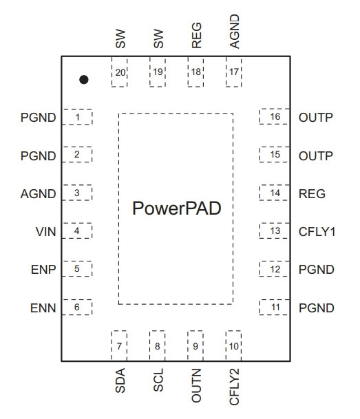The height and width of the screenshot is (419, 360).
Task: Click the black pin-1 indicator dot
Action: click(84, 80)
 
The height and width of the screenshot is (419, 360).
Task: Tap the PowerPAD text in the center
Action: click(177, 208)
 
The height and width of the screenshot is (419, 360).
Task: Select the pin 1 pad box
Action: click(77, 117)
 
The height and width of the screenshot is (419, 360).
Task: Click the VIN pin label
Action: click(45, 232)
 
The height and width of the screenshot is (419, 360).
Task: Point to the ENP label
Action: click(43, 270)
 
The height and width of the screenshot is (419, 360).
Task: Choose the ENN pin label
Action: click(43, 308)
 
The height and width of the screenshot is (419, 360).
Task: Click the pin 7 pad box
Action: click(119, 346)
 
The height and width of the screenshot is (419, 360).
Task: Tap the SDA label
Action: click(120, 380)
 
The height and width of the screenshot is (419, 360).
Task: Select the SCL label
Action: click(158, 380)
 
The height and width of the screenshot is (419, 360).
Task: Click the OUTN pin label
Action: click(196, 385)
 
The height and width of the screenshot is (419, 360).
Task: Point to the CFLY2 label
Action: click(235, 387)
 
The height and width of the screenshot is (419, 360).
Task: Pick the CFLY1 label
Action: click(317, 232)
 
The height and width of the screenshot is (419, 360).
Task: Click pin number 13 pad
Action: click(275, 230)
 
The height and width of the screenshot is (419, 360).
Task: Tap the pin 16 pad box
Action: click(275, 116)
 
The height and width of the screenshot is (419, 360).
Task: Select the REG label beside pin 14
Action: click(312, 194)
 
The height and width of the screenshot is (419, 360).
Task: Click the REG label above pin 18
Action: click(196, 35)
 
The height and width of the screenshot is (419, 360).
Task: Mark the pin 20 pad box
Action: click(120, 72)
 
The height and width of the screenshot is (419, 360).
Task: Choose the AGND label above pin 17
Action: click(235, 31)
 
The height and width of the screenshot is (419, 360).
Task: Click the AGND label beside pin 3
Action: click(39, 194)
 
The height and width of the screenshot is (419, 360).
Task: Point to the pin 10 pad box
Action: click(233, 346)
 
